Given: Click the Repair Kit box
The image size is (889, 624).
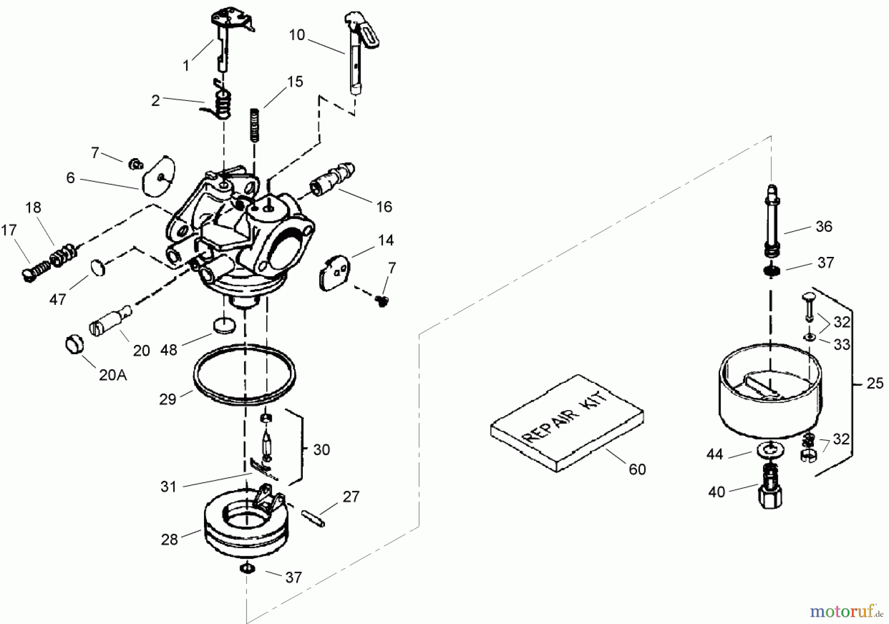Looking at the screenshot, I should click(x=567, y=424).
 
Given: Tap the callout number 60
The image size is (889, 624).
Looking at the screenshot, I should click(x=637, y=469).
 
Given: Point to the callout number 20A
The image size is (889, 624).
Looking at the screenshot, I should click(x=113, y=375).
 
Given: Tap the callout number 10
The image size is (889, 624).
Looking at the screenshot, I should click(x=297, y=36).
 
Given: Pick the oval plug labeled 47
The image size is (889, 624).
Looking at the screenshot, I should click(x=98, y=268).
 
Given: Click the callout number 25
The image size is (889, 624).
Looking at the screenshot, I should click(x=875, y=383).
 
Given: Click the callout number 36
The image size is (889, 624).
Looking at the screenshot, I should click(x=824, y=227).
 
